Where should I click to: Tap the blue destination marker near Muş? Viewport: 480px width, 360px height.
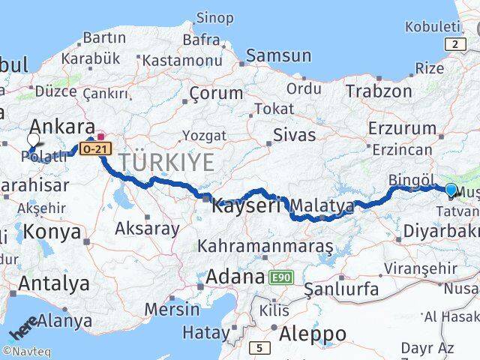tap(451, 191)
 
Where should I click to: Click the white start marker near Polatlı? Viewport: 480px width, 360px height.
tap(32, 139)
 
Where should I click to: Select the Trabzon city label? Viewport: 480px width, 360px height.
tap(379, 91)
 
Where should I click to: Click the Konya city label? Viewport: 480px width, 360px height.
tap(52, 232)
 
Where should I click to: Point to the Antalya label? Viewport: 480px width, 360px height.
tap(54, 283)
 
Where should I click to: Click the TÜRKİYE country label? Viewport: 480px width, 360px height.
tap(166, 161)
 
